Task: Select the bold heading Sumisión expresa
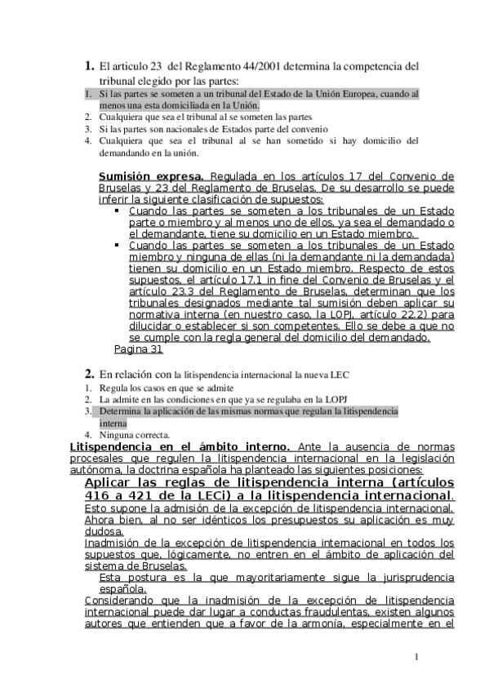point(151,176)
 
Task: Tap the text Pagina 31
point(139,349)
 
